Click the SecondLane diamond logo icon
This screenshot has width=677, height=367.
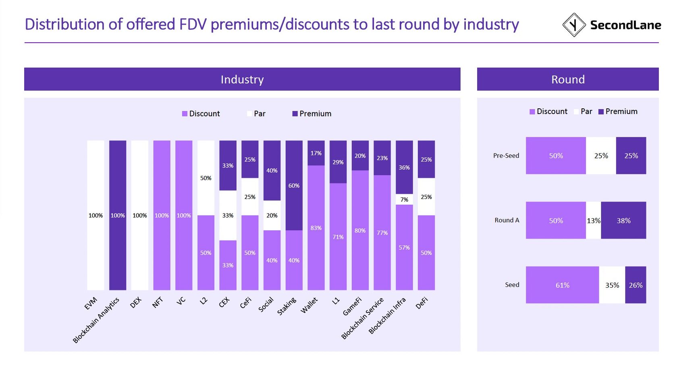coord(573,25)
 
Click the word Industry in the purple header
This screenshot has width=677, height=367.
coord(242,79)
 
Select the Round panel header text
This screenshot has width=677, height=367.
coord(568,79)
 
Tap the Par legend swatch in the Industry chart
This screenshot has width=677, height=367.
coord(249,114)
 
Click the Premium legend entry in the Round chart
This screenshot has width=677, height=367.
coord(618,112)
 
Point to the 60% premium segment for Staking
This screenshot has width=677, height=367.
coord(294,185)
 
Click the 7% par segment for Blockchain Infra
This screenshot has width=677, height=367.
coord(404,199)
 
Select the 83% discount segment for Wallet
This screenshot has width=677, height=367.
coord(316,228)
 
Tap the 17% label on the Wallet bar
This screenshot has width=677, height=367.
coord(316,153)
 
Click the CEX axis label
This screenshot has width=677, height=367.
coord(224,302)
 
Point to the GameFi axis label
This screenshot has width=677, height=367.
coord(352,307)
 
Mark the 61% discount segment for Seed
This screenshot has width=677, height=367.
coord(562,285)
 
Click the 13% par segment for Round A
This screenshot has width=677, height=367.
coord(593,220)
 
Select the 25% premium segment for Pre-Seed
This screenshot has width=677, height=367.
coord(631,156)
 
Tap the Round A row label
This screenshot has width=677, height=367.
coord(507,220)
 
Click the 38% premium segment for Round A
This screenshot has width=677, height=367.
coord(623,220)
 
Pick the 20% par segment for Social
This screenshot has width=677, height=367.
coord(272,216)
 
